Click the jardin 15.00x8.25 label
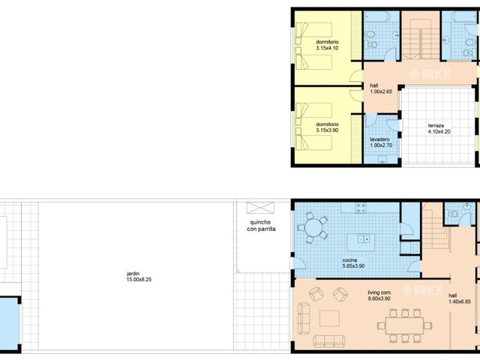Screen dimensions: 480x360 [139, 277]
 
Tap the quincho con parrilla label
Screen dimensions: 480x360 [261, 226]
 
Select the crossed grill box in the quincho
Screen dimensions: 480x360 [260, 208]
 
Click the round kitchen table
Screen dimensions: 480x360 [313, 227]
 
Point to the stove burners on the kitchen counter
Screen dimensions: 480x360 [361, 208]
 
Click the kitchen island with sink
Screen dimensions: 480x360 [361, 242]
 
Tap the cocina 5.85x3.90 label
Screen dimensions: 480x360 [353, 263]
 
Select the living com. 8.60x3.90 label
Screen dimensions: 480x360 [379, 295]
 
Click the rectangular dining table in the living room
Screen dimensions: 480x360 [404, 325]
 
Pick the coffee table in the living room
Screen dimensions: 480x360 [329, 318]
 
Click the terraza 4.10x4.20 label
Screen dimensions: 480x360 [439, 128]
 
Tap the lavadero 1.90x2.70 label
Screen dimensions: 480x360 [381, 142]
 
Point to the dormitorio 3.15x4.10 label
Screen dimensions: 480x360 [327, 45]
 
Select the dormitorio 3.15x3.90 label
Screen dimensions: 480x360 [327, 127]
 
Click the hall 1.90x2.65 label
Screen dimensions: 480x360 [381, 88]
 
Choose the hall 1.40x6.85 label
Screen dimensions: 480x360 [460, 298]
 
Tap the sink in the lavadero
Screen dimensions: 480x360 [382, 159]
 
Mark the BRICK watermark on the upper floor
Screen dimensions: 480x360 [430, 74]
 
